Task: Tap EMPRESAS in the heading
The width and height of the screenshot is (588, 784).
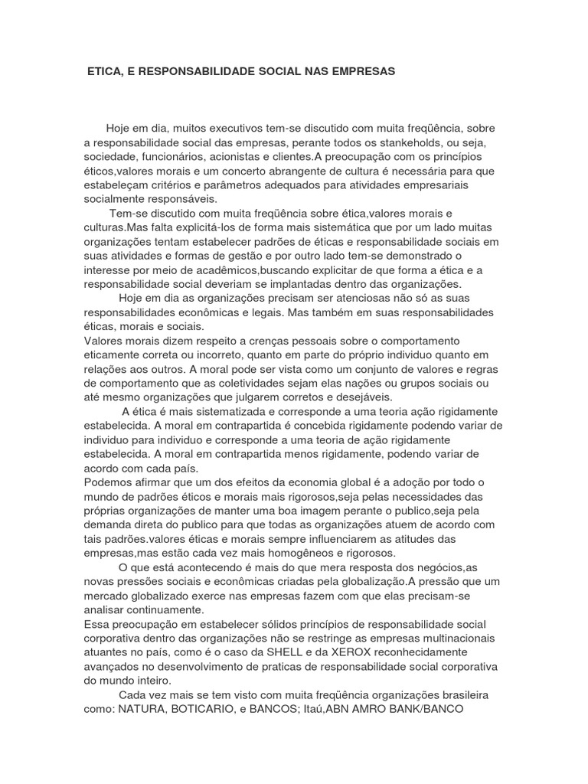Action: click(360, 71)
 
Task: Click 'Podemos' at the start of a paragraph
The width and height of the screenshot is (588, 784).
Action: click(108, 482)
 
